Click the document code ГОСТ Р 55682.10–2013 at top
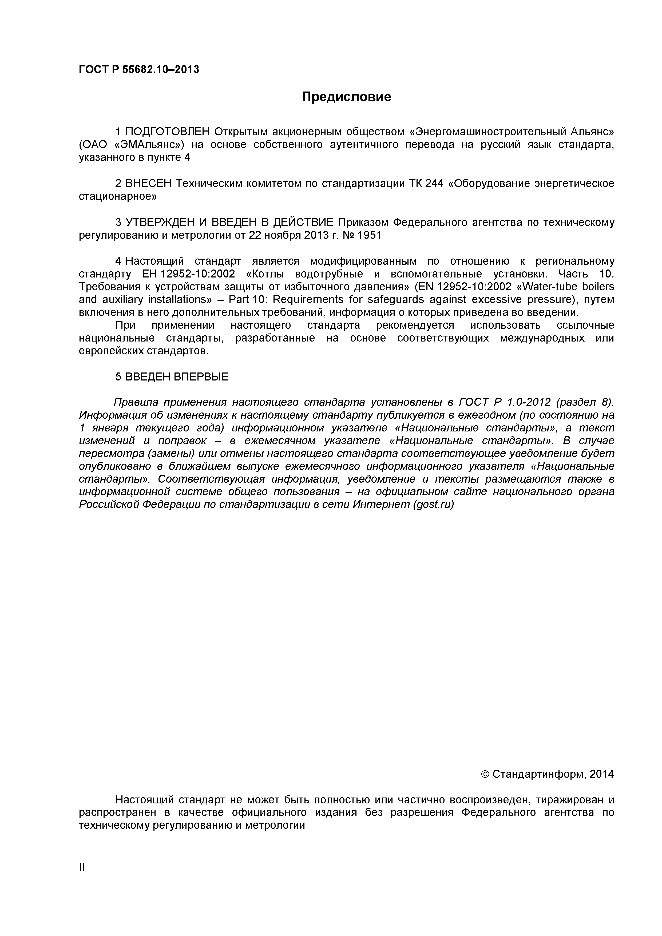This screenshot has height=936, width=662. (138, 70)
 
